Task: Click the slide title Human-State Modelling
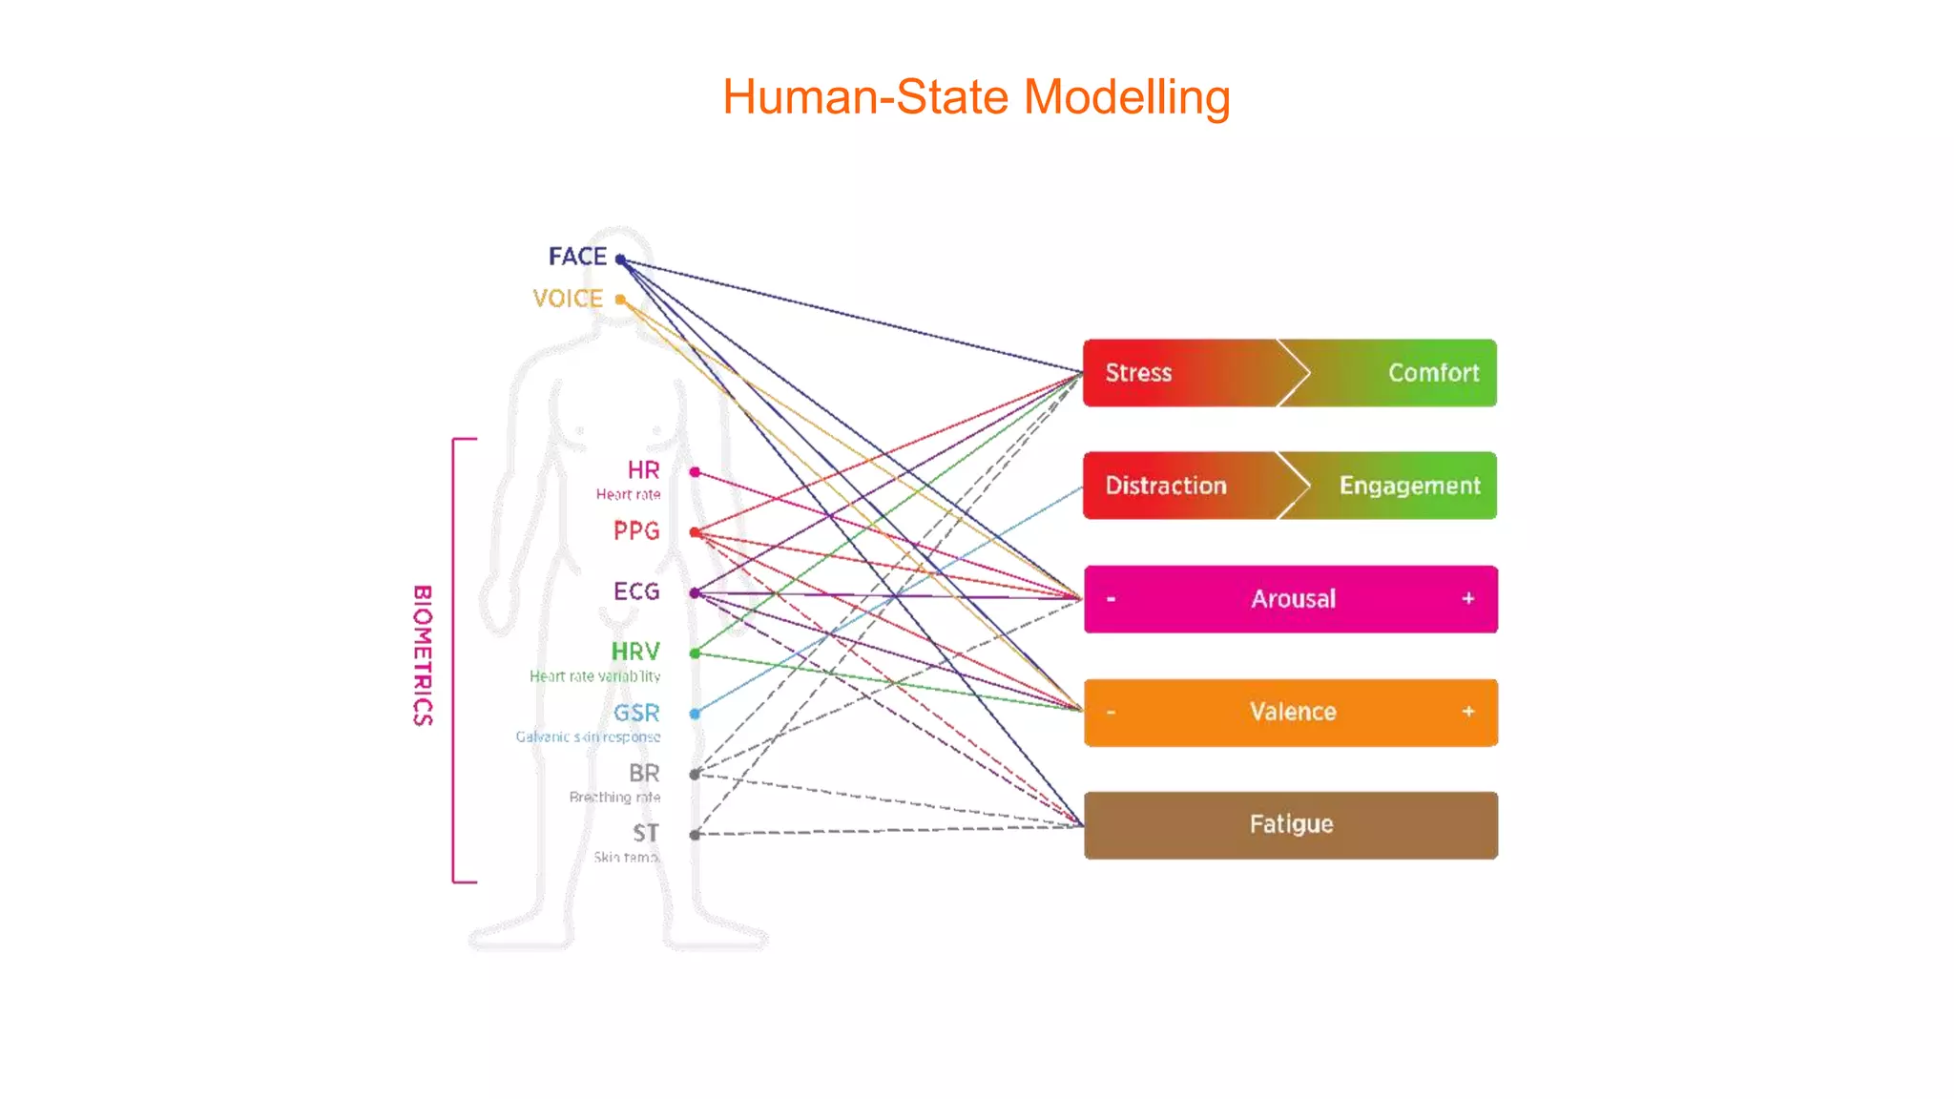coord(976,97)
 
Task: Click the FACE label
coord(577,257)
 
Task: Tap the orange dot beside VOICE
coord(620,300)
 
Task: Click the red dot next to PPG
coord(695,532)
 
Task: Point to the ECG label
coord(636,591)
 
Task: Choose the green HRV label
coord(635,652)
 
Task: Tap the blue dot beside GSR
coord(695,714)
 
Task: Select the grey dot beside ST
coord(695,835)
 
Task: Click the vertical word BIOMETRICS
coord(423,655)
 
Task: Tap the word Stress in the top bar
coord(1138,373)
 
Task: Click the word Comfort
coord(1433,373)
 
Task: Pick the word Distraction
coord(1166,486)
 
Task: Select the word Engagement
coord(1409,486)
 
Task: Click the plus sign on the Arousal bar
coord(1467,598)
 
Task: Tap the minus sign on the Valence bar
coord(1111,712)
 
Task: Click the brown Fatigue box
coord(1291,824)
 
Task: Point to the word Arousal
coord(1293,599)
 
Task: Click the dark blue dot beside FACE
coord(620,259)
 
